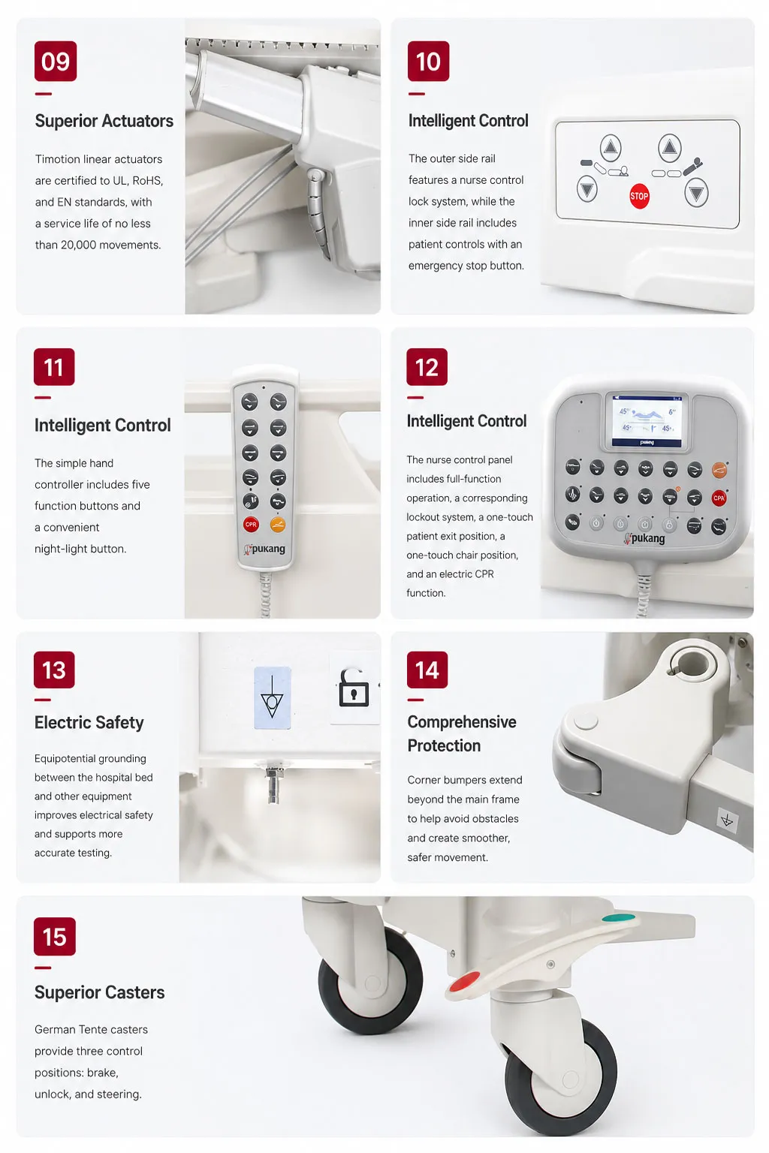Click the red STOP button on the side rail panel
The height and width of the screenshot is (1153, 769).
coord(638,196)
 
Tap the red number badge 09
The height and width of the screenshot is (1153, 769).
coord(56,62)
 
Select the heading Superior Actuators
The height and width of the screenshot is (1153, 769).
coord(104,121)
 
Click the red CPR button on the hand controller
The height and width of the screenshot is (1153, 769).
coord(251,525)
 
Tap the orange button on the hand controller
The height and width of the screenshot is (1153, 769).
coord(278,525)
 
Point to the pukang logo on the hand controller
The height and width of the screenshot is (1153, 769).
coord(265,549)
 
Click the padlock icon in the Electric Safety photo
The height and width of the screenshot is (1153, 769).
coord(354,688)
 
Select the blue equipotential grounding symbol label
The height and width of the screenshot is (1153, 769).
coord(273,697)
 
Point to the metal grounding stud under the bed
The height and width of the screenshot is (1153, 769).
coord(273,784)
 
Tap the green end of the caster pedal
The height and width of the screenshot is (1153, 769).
coord(619,918)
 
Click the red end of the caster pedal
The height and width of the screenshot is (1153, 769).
coord(464,982)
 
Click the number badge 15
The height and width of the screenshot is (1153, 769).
coord(55,936)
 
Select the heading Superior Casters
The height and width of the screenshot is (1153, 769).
coord(99,992)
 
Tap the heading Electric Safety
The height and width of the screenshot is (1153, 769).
coord(89,722)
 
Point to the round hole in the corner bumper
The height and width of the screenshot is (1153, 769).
coord(692,664)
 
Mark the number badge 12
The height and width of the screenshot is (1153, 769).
coord(427,367)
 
